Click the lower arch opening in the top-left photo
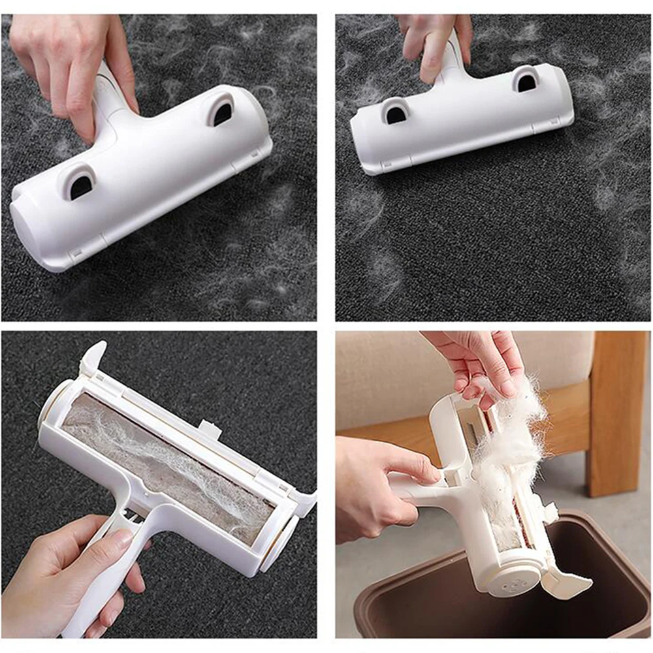pos(80,183)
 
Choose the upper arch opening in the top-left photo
pos(222,110)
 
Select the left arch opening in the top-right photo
pos(394,112)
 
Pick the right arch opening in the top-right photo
pos(526,79)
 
